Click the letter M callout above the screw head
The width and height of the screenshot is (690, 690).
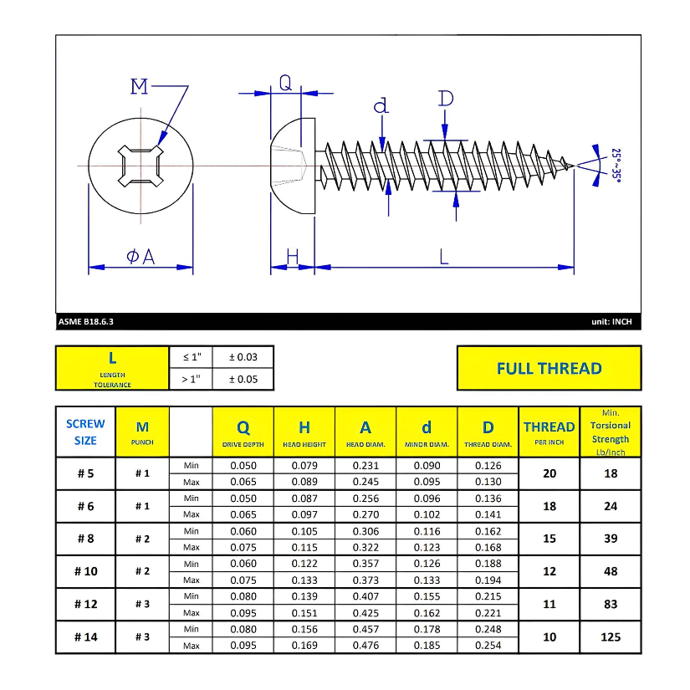coord(139,86)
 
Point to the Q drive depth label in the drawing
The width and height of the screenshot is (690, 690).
coord(285,82)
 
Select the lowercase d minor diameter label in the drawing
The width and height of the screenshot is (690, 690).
coord(381,105)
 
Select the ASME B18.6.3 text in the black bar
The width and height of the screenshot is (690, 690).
coord(86,321)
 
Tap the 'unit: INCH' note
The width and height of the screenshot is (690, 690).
coord(611,321)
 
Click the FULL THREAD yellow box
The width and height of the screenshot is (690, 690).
coord(549,368)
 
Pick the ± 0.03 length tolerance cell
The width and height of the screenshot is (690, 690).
coord(243,357)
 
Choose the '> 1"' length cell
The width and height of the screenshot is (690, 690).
coord(192,380)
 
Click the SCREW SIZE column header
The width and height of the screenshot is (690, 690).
coord(85,432)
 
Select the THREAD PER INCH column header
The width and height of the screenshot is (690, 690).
coord(549,432)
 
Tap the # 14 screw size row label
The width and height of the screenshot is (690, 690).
coord(85,636)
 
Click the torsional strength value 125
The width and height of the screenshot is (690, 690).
coord(611,636)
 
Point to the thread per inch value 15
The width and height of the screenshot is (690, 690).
coord(549,539)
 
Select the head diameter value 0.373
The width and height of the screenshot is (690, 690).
coord(365,580)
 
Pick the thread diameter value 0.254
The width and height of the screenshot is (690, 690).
coord(488,645)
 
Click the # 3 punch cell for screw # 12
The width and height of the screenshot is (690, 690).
coord(142,604)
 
